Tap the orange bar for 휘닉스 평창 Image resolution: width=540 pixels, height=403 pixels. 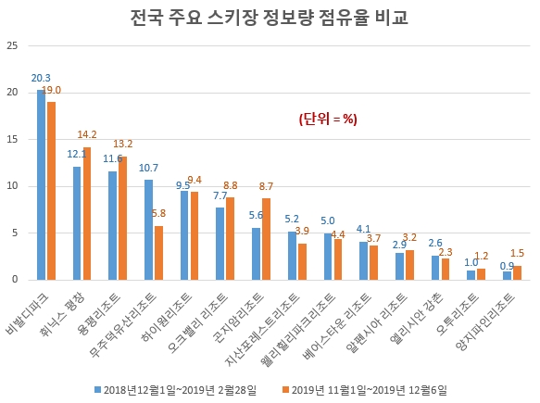87,213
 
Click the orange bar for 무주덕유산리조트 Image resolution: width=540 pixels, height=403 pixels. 158,252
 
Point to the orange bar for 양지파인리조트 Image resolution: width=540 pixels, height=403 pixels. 517,272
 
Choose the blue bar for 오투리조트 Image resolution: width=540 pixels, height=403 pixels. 471,274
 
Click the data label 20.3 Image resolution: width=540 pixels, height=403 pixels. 40,78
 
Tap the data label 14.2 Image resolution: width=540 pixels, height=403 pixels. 87,133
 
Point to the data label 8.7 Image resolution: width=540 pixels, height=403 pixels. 267,186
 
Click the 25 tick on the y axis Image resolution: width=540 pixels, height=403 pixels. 12,45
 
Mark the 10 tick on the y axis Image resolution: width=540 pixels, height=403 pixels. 12,185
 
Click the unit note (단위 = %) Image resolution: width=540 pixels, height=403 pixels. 327,119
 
